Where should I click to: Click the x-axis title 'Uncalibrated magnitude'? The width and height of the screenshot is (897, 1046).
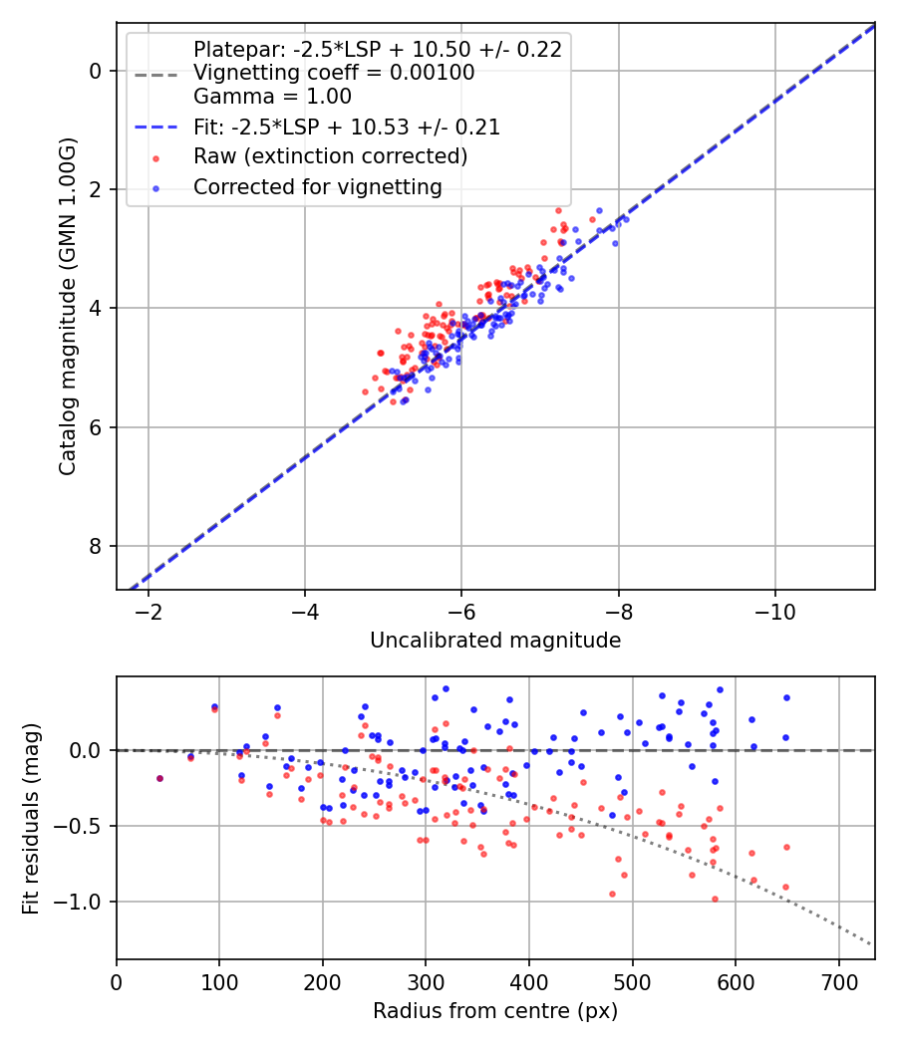(495, 641)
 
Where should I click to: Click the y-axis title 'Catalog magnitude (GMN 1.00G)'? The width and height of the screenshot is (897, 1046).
(67, 307)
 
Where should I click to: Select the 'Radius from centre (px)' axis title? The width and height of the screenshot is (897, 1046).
(495, 1011)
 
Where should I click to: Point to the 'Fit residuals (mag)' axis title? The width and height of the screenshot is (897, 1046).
(31, 817)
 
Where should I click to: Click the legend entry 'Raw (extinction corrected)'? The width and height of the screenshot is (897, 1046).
(330, 156)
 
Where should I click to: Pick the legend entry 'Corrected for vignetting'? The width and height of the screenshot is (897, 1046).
(317, 186)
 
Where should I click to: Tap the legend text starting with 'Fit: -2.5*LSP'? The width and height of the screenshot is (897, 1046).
(347, 128)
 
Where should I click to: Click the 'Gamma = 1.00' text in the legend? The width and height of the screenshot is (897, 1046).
(272, 98)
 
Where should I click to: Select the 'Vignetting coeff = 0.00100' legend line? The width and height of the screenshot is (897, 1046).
(334, 74)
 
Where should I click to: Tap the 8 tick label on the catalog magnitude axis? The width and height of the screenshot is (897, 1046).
(96, 546)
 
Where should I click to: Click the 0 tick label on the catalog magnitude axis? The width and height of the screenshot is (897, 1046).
(96, 71)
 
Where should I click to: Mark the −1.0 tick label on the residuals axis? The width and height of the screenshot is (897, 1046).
(85, 903)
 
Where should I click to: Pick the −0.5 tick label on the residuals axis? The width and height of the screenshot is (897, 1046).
(85, 826)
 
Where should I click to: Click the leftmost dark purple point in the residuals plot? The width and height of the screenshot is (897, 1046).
(159, 778)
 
